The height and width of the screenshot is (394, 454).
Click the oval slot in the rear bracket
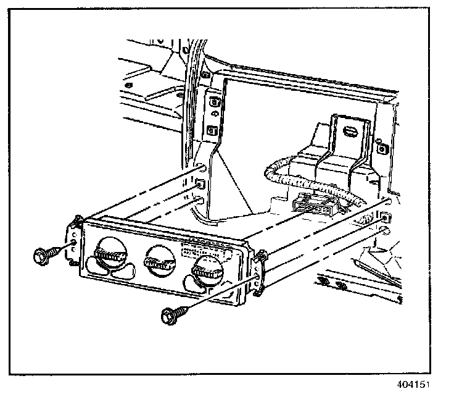[349, 132]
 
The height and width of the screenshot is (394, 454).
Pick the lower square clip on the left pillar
[213, 130]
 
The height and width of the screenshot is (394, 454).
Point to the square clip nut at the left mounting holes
[199, 183]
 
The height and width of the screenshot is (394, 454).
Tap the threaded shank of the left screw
[59, 249]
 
